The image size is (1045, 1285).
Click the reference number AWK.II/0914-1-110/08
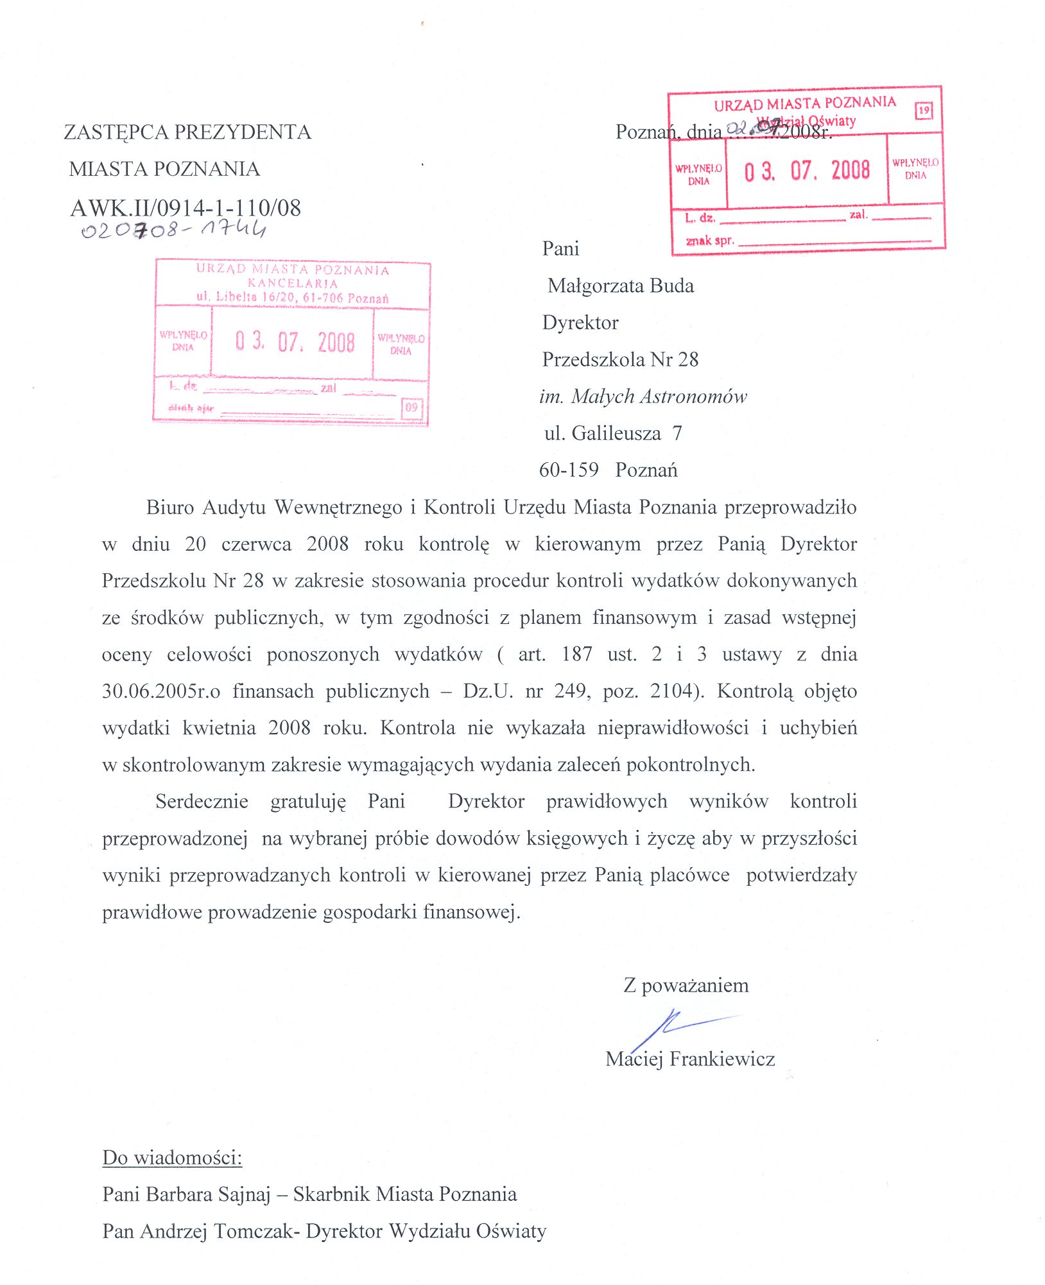(x=186, y=208)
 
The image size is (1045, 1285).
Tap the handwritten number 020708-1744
(x=173, y=230)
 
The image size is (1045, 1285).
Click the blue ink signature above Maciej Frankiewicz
(x=680, y=1026)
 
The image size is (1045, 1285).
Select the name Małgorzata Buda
(x=621, y=286)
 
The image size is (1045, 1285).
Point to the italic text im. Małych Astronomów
(x=643, y=397)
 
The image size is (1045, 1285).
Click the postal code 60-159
(x=569, y=470)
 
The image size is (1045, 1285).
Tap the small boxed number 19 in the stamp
(x=924, y=110)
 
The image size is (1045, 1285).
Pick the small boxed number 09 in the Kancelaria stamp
(x=411, y=407)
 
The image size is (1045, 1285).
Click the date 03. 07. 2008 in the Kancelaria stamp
(x=295, y=341)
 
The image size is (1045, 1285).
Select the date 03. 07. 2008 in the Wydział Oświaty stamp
(x=807, y=171)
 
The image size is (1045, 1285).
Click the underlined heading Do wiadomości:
(x=173, y=1157)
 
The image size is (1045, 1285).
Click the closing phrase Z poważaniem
(x=686, y=985)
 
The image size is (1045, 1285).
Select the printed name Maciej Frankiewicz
(x=690, y=1058)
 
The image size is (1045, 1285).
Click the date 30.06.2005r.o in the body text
(x=161, y=691)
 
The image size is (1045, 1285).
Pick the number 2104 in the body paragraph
(x=671, y=691)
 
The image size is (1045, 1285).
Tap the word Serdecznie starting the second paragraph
(x=202, y=802)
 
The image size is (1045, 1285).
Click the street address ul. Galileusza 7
(x=613, y=433)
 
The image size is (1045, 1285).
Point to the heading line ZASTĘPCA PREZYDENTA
(x=187, y=132)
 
